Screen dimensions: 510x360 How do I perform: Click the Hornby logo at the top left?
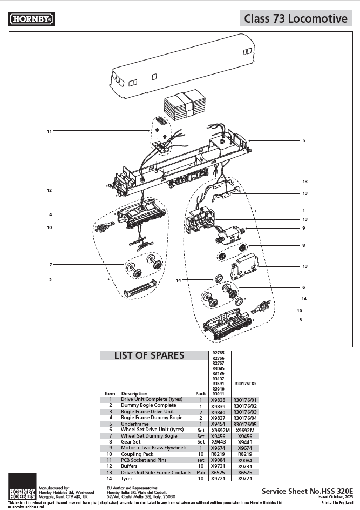(32, 19)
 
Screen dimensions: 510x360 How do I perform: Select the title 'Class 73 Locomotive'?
(295, 18)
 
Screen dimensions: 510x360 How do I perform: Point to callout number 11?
(49, 131)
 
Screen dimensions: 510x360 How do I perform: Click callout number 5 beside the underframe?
(303, 140)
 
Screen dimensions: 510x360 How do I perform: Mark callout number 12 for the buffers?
(49, 190)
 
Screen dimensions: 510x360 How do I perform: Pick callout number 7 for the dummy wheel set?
(50, 265)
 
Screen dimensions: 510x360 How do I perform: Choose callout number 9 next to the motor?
(303, 228)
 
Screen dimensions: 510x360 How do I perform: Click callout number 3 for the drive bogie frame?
(300, 320)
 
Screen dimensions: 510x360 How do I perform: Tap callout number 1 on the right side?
(303, 211)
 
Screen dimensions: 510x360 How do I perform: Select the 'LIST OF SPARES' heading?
(149, 355)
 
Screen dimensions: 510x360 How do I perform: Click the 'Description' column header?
(134, 393)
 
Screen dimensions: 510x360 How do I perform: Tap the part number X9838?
(218, 399)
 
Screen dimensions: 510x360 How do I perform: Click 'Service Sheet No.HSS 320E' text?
(303, 491)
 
